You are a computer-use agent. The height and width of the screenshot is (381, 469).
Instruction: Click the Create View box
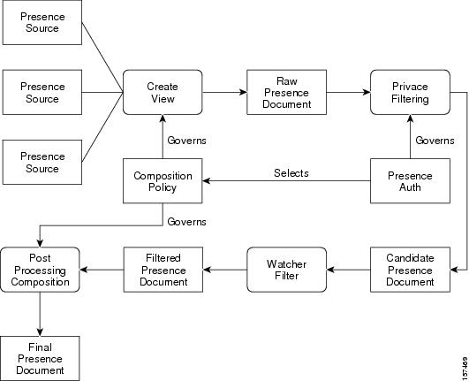[163, 92]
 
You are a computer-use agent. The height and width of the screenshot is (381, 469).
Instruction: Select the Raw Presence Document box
[286, 92]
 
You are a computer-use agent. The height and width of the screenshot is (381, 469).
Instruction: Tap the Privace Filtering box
[410, 92]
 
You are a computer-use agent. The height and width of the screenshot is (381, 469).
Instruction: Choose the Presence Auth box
[410, 180]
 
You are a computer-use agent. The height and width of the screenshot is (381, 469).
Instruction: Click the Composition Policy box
[163, 180]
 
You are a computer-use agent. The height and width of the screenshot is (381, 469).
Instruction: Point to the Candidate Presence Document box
[410, 270]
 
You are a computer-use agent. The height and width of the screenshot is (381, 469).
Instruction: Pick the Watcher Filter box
[286, 270]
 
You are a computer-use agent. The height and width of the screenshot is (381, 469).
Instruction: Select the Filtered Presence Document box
[163, 270]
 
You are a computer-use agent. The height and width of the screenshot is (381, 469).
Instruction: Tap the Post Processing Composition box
[40, 270]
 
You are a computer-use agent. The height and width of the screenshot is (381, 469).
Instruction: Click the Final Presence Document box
[40, 358]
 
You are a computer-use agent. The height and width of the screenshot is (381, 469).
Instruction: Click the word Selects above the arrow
[291, 173]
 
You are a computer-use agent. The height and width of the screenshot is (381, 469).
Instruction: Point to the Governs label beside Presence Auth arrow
[435, 141]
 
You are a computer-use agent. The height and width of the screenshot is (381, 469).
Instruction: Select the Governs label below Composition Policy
[186, 222]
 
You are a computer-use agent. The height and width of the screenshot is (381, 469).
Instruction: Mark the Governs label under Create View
[186, 141]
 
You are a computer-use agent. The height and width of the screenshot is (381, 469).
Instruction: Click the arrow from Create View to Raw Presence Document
[224, 92]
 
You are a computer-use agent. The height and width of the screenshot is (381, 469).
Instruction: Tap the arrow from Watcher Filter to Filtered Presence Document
[225, 270]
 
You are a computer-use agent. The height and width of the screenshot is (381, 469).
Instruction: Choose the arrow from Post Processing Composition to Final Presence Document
[40, 314]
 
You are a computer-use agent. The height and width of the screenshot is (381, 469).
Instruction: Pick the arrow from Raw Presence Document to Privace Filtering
[349, 92]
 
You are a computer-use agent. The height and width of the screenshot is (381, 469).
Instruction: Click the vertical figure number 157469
[465, 367]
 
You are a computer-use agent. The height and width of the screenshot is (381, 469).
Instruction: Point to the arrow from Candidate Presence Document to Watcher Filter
[349, 270]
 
